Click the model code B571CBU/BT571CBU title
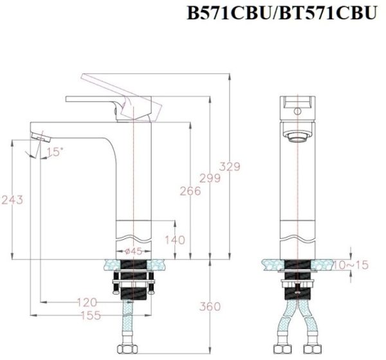point(280,14)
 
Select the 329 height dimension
point(228,166)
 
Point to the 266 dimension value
point(189,191)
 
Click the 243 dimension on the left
point(13,200)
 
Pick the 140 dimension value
point(175,240)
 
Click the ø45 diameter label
point(133,251)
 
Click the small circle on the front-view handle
point(297,111)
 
